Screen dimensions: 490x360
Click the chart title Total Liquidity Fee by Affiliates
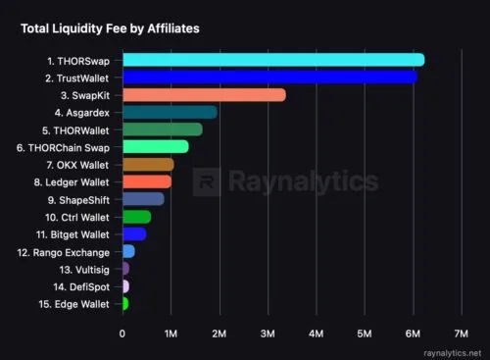click(110, 28)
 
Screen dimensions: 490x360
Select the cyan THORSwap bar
click(273, 60)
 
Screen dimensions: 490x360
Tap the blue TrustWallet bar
click(270, 77)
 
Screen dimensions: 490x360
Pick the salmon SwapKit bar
click(205, 95)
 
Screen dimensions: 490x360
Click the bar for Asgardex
click(170, 112)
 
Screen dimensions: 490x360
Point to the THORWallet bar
click(163, 129)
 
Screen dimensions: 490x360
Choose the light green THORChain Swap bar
click(156, 146)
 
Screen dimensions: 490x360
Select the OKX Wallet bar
click(149, 165)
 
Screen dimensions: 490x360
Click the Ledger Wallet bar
click(147, 181)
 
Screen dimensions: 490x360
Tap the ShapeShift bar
click(144, 199)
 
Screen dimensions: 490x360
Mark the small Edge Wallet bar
click(125, 303)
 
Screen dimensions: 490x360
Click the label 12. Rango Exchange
click(64, 253)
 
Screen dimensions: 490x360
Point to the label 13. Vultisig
click(84, 270)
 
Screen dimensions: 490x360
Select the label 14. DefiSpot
click(81, 287)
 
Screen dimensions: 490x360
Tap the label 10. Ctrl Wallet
click(77, 218)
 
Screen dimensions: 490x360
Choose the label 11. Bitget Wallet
click(73, 234)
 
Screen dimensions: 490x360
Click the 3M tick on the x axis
click(268, 334)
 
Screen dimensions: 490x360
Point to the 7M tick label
click(461, 334)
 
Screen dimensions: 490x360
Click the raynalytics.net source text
click(452, 353)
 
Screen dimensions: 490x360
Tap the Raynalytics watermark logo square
click(207, 181)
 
